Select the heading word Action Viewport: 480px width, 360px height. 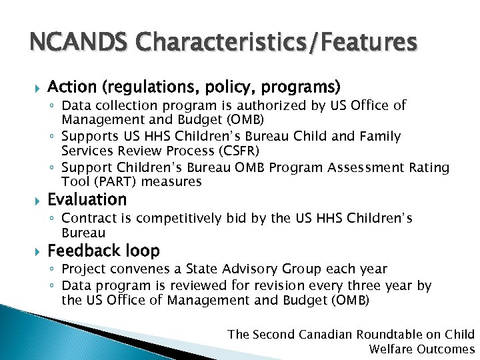point(73,87)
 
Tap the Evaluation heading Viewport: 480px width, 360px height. point(87,199)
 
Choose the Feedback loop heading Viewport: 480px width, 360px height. point(104,251)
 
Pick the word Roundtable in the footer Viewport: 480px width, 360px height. point(388,334)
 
